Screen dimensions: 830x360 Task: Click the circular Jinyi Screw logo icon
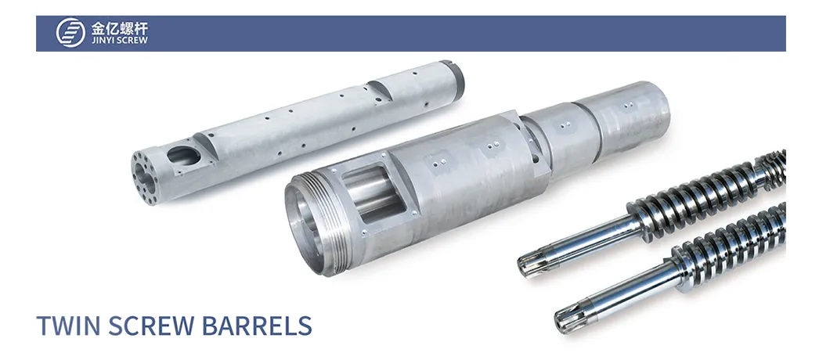[x=70, y=33]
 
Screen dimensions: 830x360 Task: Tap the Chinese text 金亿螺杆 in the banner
[x=120, y=27]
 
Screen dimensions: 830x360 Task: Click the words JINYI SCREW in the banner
[x=120, y=40]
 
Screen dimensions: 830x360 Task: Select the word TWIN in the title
[x=68, y=326]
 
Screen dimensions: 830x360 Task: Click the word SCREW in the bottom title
[x=151, y=326]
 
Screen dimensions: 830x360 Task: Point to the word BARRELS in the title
[x=257, y=326]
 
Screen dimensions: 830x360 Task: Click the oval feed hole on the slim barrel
[x=184, y=156]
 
